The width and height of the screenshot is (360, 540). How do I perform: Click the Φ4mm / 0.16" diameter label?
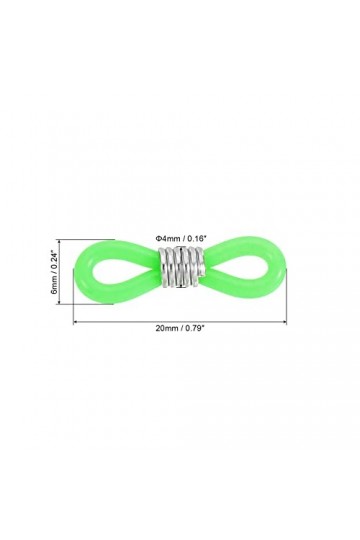pyautogui.click(x=180, y=236)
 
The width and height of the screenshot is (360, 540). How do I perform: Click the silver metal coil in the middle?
pyautogui.click(x=180, y=268)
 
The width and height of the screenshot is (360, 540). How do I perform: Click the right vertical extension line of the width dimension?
pyautogui.click(x=288, y=300)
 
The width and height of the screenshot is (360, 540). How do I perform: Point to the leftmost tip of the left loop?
pyautogui.click(x=75, y=268)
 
